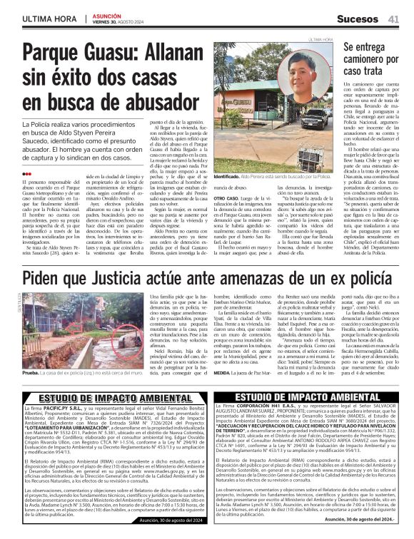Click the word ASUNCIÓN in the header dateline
[106, 15]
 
